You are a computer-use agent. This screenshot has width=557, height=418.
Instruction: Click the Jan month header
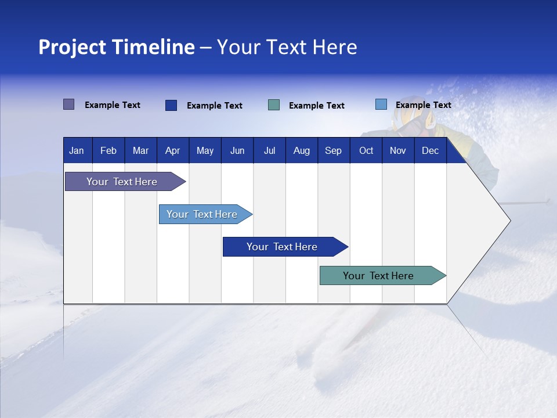pos(77,151)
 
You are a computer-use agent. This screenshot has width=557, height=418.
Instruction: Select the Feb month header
pos(108,151)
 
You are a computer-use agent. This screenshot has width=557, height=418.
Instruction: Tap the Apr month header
pos(173,151)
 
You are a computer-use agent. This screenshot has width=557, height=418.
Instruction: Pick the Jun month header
pos(237,151)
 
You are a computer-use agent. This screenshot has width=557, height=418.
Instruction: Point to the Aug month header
pos(302,151)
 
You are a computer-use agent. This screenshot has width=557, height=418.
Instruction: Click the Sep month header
pos(334,151)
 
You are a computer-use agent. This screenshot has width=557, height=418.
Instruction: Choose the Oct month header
pos(366,151)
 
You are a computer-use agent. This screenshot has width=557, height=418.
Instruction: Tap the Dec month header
pos(431,151)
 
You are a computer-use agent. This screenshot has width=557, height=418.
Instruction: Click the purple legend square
pos(69,105)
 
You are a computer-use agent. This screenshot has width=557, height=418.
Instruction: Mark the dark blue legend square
pos(171,105)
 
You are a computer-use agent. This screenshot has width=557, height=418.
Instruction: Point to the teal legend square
pos(274,105)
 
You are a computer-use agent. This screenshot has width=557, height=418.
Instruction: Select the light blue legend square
pos(381,105)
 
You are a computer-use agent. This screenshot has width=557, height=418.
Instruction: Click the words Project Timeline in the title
pos(117,47)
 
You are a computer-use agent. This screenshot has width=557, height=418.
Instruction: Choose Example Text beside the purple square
pos(113,105)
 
